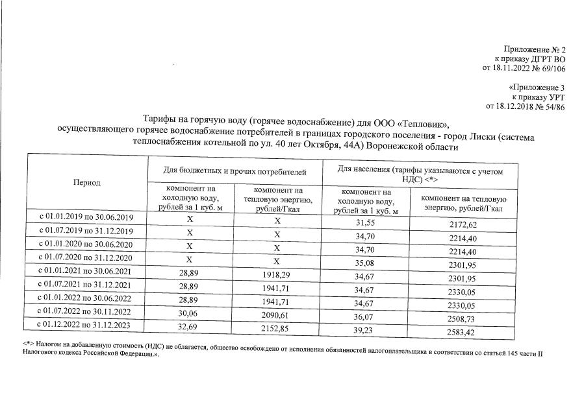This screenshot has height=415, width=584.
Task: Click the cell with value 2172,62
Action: point(463,224)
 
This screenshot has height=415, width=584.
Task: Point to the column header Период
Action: point(87,182)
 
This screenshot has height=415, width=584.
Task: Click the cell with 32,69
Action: point(189,329)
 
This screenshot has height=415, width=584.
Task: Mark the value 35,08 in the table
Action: point(366,263)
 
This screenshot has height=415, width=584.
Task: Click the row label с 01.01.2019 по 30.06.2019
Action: point(87,217)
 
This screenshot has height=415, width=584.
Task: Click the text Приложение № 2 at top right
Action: point(535,50)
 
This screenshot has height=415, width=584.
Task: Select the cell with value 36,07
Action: point(366,318)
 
